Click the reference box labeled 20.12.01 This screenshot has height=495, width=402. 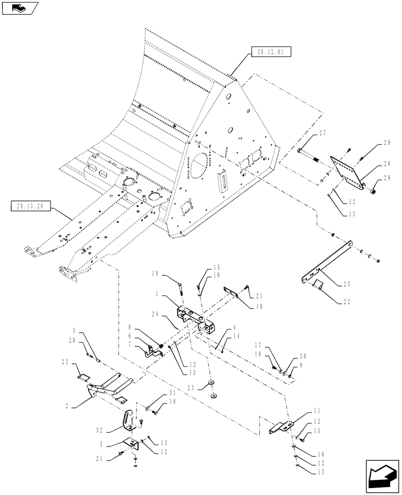(x=270, y=51)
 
